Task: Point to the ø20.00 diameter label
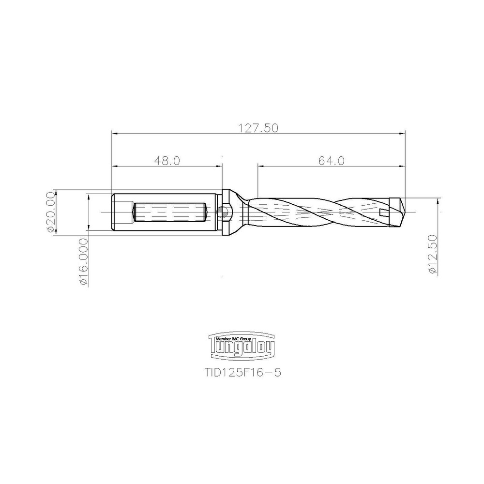50,212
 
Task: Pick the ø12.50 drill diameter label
433,255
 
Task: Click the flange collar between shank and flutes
226,212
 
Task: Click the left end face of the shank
113,212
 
